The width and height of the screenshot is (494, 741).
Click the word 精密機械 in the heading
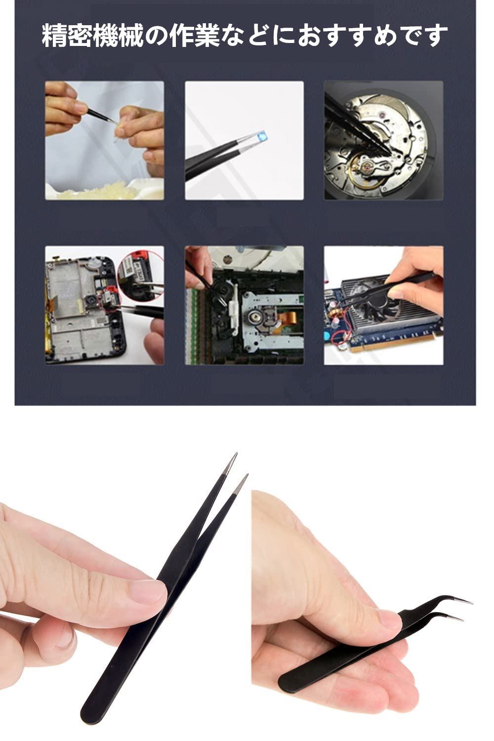(93, 36)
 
